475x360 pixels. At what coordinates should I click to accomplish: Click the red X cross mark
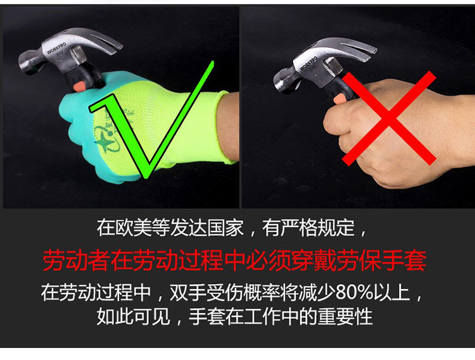tap(389, 118)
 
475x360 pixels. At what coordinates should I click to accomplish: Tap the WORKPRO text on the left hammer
tap(56, 48)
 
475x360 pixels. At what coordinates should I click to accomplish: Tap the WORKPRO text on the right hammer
tap(308, 63)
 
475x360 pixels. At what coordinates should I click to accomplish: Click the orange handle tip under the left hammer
tap(80, 87)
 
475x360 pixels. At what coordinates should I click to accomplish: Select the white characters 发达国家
tap(206, 228)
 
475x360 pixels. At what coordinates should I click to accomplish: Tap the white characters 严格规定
tap(317, 228)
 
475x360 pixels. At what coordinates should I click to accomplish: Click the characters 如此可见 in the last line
tap(133, 317)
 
